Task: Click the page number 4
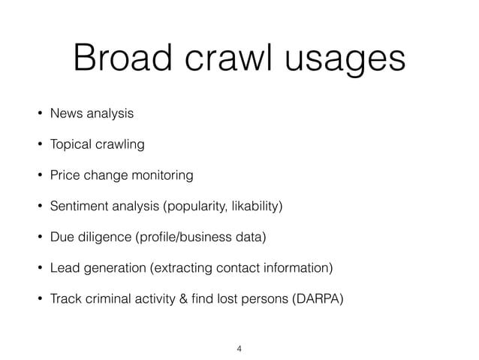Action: coord(239,348)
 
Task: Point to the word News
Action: coord(66,114)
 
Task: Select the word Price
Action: coord(65,176)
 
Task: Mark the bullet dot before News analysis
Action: coord(36,115)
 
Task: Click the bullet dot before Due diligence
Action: coord(36,238)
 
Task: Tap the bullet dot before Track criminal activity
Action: coord(36,300)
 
